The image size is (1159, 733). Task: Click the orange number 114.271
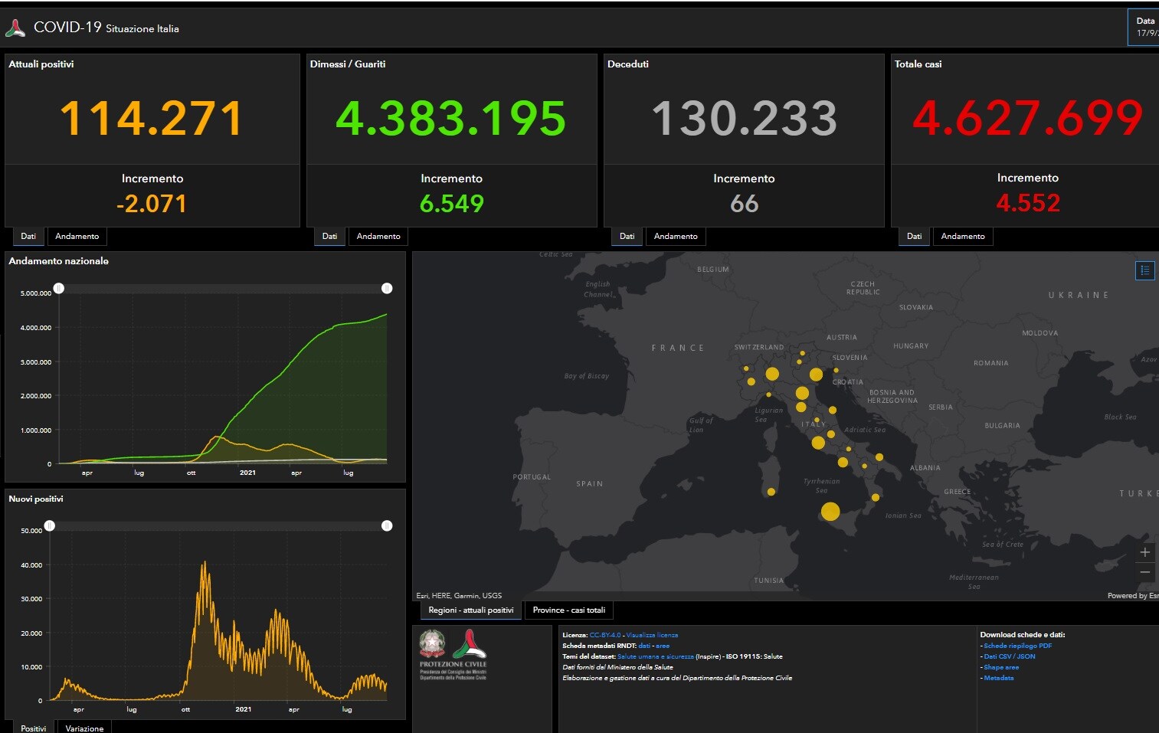click(x=151, y=119)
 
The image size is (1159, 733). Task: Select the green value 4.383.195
click(x=450, y=119)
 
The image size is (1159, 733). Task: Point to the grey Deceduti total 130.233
click(x=744, y=119)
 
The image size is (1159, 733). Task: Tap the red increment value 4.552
click(x=1028, y=203)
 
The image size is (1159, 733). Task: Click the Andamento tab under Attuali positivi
click(x=77, y=236)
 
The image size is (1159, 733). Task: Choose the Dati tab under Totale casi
click(x=914, y=236)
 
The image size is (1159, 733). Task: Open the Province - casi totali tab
click(x=568, y=610)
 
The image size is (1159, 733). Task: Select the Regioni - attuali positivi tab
click(x=470, y=610)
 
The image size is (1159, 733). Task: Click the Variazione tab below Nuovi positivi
click(x=84, y=728)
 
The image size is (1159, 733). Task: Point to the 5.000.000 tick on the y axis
click(x=36, y=293)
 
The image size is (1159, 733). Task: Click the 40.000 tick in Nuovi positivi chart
click(x=31, y=565)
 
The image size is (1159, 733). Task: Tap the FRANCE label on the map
click(x=677, y=348)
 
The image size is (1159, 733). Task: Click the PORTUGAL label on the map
click(x=532, y=477)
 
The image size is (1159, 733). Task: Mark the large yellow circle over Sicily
click(x=830, y=512)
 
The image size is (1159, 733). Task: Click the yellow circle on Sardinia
click(x=771, y=492)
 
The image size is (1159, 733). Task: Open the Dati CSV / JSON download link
click(x=1009, y=656)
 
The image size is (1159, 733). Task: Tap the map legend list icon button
click(x=1144, y=270)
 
